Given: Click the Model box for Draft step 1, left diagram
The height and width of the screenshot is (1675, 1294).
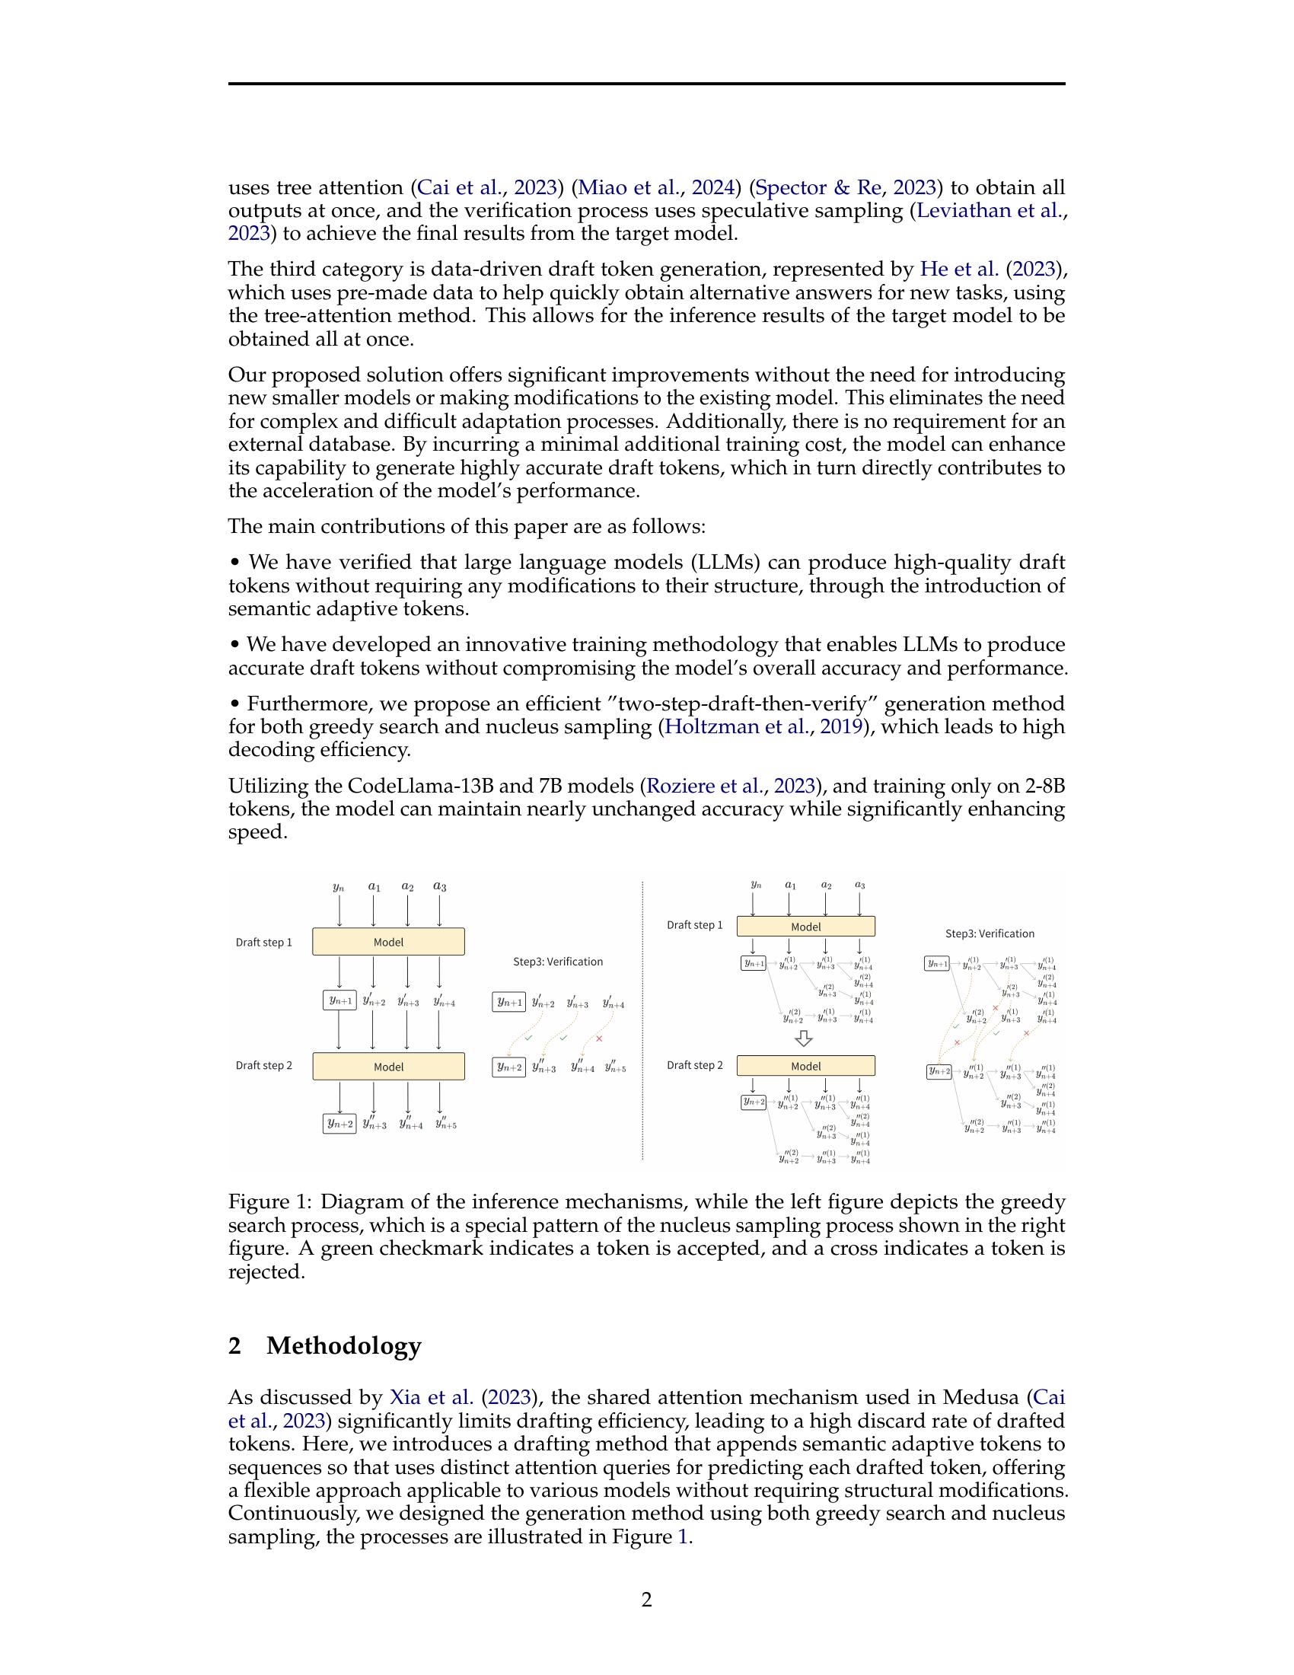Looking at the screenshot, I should [388, 942].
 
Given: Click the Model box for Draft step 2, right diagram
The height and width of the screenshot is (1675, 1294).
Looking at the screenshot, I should [805, 1066].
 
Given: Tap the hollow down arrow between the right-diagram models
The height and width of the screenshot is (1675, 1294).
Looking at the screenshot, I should [804, 1038].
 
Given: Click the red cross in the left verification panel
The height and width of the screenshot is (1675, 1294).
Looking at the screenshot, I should [599, 1038].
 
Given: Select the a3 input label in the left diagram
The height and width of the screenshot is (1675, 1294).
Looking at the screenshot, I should [439, 886].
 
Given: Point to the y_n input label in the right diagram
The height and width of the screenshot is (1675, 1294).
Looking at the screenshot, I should [756, 885].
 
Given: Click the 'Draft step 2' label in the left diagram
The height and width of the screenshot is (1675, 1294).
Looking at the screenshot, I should [263, 1065].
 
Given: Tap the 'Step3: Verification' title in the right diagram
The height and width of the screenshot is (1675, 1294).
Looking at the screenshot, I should [990, 933].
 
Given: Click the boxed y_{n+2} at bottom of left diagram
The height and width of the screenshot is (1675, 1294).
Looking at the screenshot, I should [339, 1124].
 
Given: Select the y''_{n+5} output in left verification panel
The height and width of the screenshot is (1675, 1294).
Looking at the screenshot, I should [615, 1067].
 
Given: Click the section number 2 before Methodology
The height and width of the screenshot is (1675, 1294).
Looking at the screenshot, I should [234, 1346].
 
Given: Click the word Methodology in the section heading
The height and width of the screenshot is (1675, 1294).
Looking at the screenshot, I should [343, 1346].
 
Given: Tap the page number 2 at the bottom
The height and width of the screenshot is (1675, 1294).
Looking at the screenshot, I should [646, 1600].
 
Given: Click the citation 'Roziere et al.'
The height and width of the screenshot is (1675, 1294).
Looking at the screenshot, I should [706, 786].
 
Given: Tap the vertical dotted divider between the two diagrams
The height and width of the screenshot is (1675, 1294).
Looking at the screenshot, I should [642, 1020].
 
